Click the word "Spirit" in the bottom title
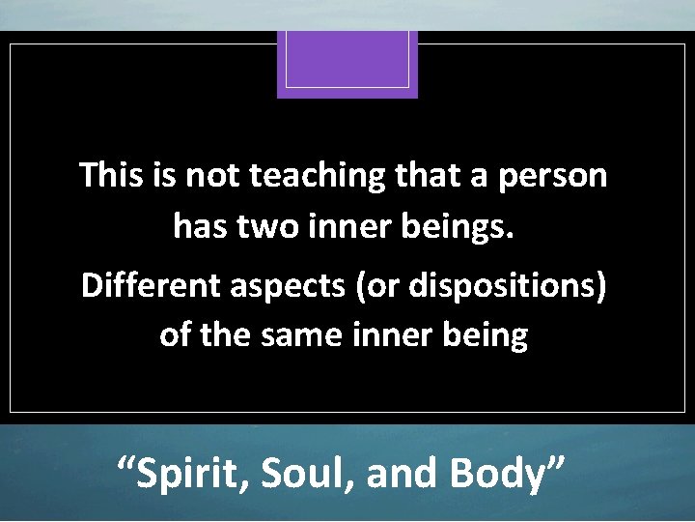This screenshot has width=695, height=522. [181, 474]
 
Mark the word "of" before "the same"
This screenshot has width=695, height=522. [175, 335]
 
